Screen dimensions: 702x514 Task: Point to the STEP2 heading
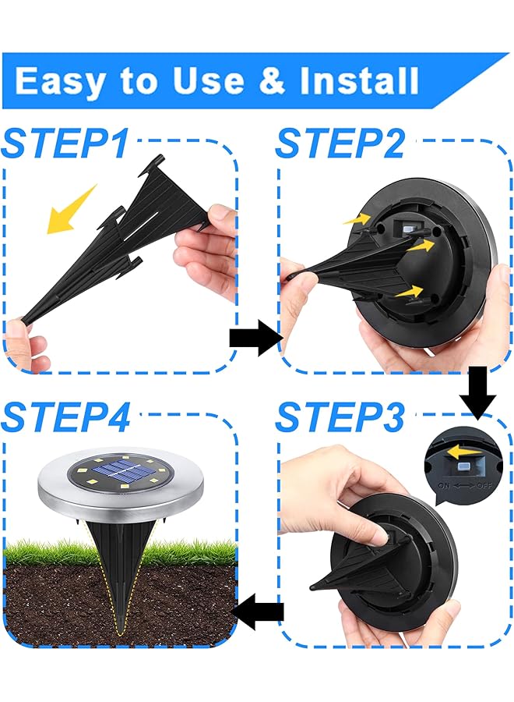coord(340,144)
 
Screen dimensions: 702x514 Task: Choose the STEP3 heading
coord(340,418)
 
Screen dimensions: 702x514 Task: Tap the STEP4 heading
coord(66,418)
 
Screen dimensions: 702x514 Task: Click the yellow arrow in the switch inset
coord(463,450)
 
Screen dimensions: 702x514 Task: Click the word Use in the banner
coord(177,81)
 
